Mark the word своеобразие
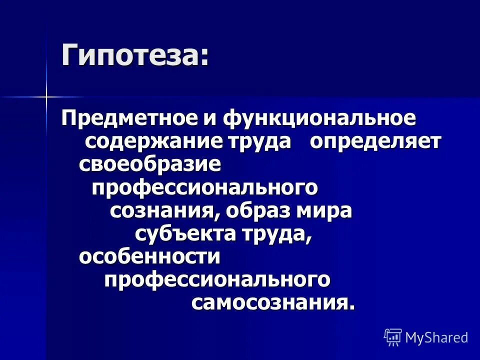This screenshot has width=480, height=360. [x=149, y=164]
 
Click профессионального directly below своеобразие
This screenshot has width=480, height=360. [x=205, y=187]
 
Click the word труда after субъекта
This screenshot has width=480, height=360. [x=279, y=234]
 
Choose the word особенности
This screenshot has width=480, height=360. [x=149, y=256]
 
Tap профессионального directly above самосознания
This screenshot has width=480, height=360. [x=217, y=279]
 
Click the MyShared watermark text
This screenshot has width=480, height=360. [x=436, y=337]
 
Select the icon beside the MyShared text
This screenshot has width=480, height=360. [x=393, y=337]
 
